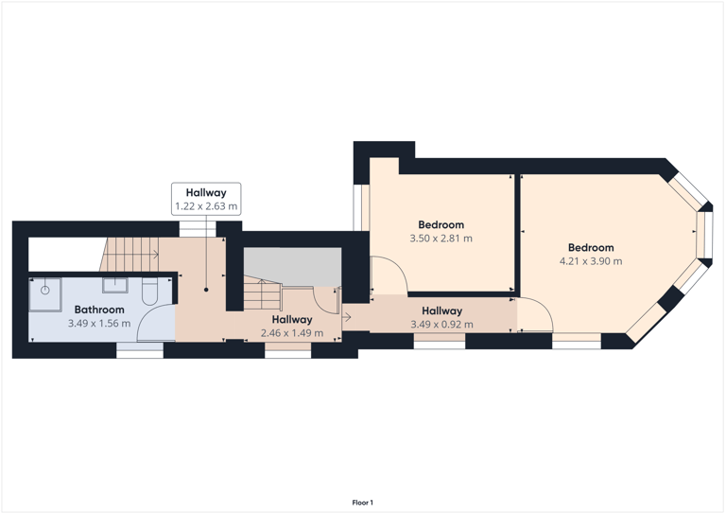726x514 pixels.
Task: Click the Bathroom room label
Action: pos(99,310)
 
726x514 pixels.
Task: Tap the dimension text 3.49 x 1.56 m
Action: pos(99,324)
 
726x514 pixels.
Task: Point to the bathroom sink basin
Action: pos(115,283)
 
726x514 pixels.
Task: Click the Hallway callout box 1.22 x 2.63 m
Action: pos(205,199)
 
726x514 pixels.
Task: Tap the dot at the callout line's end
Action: pos(205,290)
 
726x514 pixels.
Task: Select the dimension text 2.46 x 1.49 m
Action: pos(291,333)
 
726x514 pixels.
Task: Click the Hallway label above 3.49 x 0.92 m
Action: pos(441,310)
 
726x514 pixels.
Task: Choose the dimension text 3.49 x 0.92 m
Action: pos(441,325)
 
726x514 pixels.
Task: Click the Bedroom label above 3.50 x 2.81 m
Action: pos(441,224)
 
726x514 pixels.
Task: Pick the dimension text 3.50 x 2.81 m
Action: pos(441,239)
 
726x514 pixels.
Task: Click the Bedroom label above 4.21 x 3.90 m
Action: pos(591,247)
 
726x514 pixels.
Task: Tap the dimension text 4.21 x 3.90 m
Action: pos(591,261)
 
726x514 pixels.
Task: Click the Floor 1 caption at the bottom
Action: pos(363,503)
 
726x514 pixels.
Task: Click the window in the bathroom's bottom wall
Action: pos(139,350)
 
